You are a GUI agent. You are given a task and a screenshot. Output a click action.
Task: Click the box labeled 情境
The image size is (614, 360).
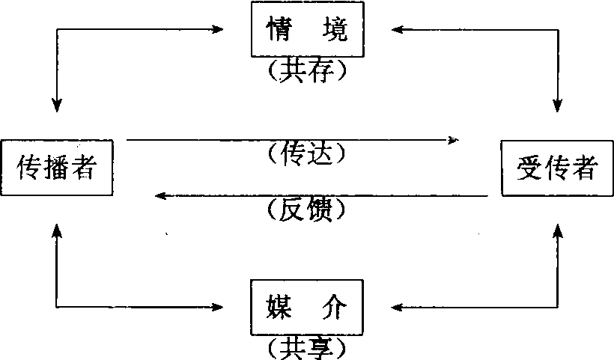[x=306, y=31]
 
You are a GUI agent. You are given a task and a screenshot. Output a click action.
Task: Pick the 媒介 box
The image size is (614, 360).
[x=306, y=307]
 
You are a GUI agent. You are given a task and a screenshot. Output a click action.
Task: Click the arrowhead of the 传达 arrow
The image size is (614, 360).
[x=453, y=139]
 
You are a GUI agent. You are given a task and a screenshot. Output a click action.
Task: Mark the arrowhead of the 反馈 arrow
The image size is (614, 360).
[x=159, y=196]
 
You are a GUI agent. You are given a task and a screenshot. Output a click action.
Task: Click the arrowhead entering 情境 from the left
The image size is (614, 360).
[x=218, y=30]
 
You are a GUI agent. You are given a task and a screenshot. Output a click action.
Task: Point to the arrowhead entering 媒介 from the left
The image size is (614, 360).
[x=218, y=307]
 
